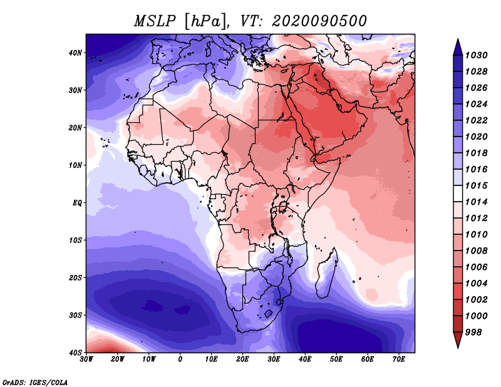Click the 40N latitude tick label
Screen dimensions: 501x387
coord(75,53)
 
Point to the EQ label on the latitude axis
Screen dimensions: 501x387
coord(77,203)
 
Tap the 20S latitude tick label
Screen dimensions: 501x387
coord(75,277)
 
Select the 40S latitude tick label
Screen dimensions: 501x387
coord(75,353)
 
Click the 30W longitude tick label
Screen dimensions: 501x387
coord(86,359)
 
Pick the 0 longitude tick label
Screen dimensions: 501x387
coord(180,359)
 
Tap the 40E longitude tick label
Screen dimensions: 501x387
coord(305,359)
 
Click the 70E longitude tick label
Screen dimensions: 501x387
coord(399,359)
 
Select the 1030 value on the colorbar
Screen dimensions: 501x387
coord(476,55)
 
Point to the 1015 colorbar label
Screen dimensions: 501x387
coord(476,185)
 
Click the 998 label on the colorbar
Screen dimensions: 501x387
coord(473,333)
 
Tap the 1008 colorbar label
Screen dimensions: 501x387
coord(476,251)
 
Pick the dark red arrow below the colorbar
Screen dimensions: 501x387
coord(458,340)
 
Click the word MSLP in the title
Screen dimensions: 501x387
coord(155,21)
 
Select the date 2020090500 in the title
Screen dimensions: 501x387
coord(319,21)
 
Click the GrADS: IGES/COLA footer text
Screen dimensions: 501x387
coord(35,382)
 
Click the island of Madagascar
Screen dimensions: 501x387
coord(326,274)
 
